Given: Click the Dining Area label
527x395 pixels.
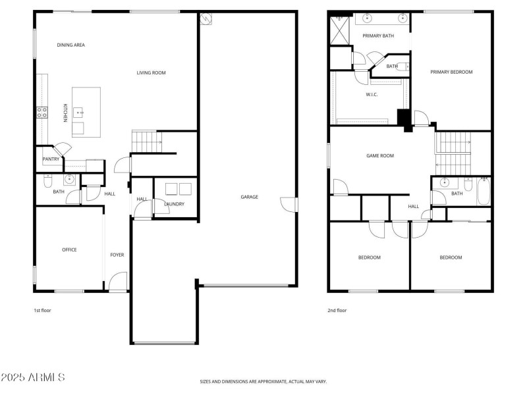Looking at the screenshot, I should (x=71, y=45).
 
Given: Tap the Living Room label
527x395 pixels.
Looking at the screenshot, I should (x=151, y=72).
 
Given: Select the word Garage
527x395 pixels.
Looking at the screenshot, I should (x=249, y=197).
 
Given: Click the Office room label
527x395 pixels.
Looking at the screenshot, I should (x=69, y=250).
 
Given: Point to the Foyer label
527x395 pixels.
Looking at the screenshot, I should (x=117, y=255).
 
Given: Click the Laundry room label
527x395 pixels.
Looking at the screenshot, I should (x=174, y=204).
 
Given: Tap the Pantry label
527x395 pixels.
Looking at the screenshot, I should (x=51, y=159).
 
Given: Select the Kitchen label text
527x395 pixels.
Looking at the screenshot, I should (x=65, y=113).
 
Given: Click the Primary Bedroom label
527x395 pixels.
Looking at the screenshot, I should (x=451, y=72).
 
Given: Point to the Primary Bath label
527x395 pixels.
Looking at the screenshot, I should (x=378, y=36).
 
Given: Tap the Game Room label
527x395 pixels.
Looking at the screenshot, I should (x=379, y=156).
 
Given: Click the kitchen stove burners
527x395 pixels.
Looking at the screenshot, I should (x=42, y=113).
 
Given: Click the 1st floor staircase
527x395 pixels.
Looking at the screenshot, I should (x=146, y=140).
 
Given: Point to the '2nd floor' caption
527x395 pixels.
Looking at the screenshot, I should (x=337, y=310).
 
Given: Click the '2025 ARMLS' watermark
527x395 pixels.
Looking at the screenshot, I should (x=33, y=378).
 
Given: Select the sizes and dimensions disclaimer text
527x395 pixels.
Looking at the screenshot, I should (x=263, y=381).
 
